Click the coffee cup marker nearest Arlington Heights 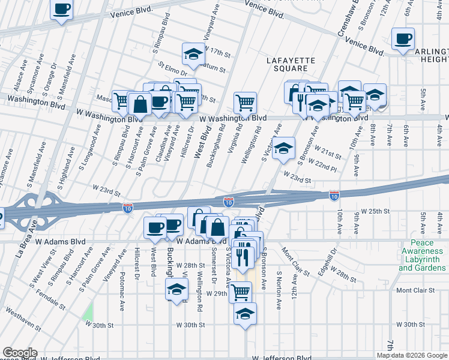point(403,40)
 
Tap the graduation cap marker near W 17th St point(194,55)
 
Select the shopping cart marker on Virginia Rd point(245,103)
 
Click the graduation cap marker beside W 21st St point(283,148)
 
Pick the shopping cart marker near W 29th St point(241,292)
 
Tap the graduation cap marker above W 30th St point(245,314)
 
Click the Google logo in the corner point(19,353)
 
